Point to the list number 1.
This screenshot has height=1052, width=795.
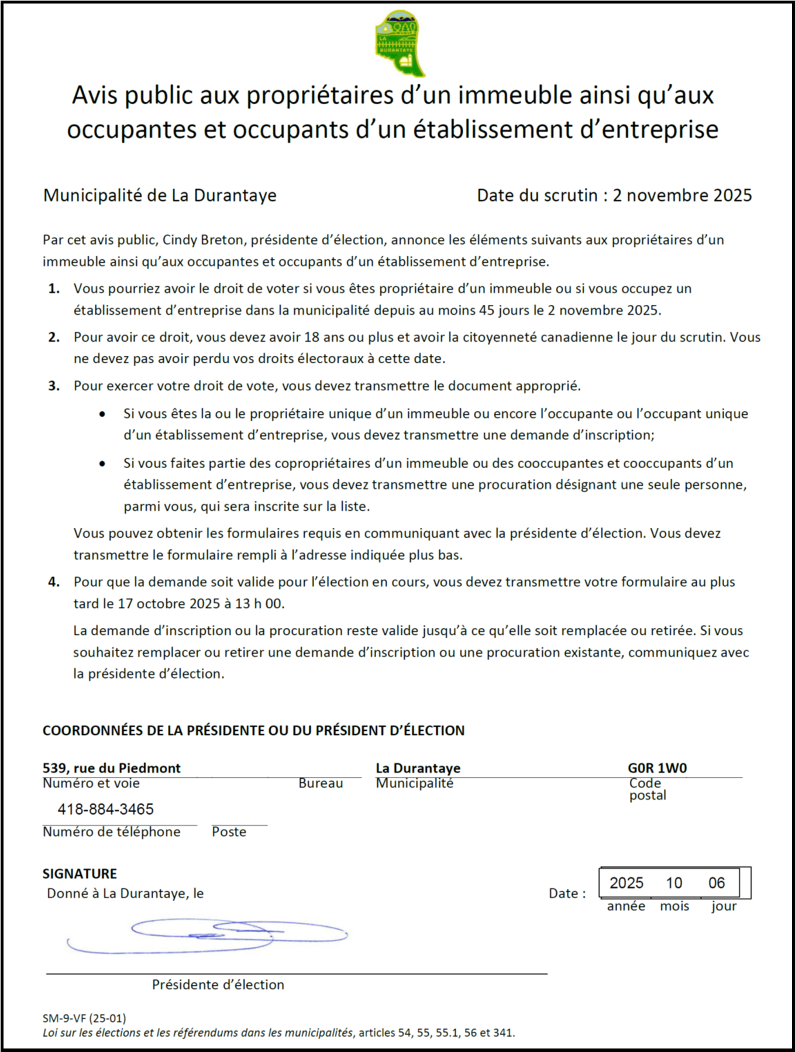54,288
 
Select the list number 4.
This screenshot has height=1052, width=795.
54,582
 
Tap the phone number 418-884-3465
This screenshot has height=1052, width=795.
105,809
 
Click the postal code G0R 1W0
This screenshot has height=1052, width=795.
657,768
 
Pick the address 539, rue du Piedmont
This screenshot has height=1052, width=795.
112,768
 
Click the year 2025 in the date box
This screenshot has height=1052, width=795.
626,883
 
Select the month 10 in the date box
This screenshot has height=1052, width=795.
674,883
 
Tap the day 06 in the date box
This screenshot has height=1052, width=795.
717,883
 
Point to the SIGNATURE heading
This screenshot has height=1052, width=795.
80,874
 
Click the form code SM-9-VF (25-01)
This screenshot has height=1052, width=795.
84,1018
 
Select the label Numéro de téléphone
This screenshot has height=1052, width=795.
112,832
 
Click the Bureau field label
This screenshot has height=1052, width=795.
321,783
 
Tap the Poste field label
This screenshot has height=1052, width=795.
229,832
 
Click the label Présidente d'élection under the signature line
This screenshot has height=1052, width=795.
218,985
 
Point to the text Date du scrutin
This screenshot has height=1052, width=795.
536,195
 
